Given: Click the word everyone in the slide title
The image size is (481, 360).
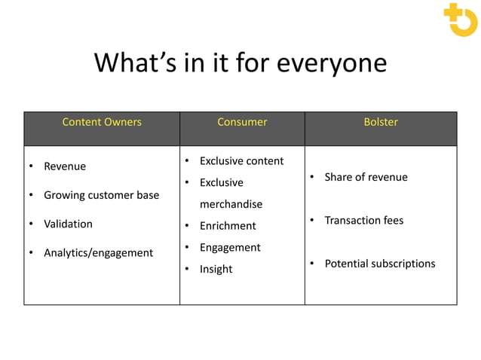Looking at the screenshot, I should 332,63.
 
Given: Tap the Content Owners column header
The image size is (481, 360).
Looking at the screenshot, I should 102,122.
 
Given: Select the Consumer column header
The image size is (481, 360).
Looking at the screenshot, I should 242,122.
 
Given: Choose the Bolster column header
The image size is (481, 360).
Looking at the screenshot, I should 381,122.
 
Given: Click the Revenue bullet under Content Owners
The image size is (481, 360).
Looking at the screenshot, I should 65,166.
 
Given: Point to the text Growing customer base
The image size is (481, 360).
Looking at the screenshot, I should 101,195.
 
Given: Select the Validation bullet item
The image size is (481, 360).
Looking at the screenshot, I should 68,224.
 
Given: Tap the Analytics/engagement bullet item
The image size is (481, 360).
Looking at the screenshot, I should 98,253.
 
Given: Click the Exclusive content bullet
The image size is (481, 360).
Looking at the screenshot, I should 241,161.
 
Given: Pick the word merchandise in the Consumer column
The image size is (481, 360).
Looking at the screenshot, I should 231,204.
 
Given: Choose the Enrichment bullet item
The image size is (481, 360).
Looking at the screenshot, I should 228,226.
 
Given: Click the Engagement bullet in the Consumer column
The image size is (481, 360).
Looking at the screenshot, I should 230,248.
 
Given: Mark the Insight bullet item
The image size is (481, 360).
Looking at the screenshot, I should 216,270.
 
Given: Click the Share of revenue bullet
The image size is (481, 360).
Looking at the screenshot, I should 366,177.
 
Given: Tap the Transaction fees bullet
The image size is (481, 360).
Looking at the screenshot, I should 363,221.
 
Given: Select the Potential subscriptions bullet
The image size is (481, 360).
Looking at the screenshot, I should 380,264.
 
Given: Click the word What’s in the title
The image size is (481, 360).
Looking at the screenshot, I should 136,63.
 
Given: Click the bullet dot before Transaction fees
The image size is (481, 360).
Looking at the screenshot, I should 311,220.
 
